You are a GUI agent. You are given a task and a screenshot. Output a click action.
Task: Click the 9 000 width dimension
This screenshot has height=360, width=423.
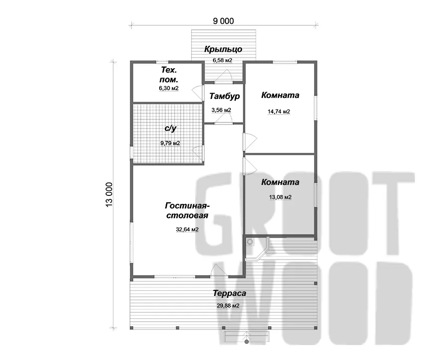point(223,21)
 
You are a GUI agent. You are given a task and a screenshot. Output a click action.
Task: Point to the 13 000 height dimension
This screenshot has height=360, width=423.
point(109,194)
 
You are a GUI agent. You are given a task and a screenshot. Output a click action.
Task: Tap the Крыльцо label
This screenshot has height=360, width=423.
point(223,49)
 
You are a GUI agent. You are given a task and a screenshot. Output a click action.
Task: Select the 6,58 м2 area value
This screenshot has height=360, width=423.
point(222,60)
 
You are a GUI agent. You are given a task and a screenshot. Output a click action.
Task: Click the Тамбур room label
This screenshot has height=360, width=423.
point(224,96)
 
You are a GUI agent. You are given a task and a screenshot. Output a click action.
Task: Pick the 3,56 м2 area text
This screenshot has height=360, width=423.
point(221,110)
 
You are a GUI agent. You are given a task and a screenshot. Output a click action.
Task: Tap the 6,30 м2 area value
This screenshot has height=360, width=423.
point(169,89)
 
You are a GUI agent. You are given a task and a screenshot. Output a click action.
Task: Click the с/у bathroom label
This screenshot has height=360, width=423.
point(170,128)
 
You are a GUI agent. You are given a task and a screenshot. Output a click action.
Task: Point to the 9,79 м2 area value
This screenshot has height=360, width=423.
point(170,143)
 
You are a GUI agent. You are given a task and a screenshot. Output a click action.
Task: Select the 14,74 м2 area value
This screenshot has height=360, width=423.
point(279,111)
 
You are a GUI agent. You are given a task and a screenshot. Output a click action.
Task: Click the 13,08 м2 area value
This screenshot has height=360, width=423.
point(280,197)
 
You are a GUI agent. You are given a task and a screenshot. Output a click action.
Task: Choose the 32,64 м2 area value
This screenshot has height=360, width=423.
point(187,230)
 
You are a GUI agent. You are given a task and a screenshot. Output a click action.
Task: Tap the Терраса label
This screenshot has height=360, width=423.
point(229,293)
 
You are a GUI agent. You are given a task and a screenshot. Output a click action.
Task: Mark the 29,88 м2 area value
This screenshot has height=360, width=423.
point(228,306)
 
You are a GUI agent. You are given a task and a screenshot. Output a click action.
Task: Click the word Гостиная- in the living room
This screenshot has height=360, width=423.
point(188,206)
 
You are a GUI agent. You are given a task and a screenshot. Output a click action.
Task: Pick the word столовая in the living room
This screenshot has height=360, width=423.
point(187,216)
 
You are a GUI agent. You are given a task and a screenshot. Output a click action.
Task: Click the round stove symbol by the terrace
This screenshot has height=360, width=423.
point(250,242)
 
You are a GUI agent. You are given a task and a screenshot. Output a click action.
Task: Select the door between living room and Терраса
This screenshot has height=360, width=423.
point(219,270)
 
